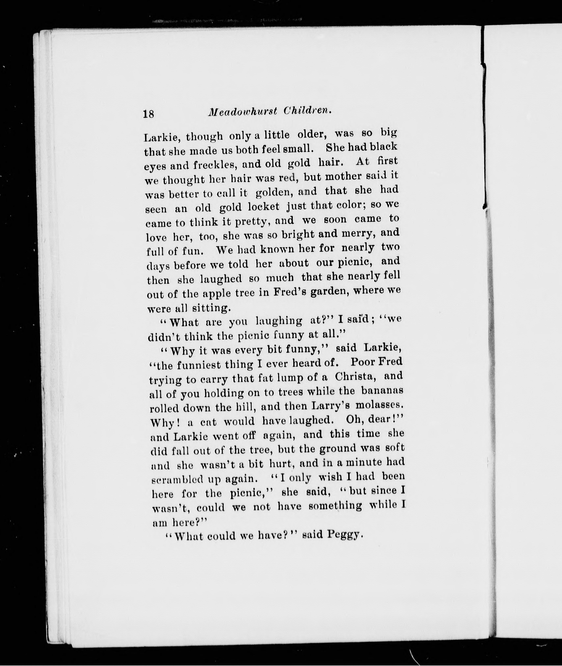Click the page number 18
click(x=149, y=113)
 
